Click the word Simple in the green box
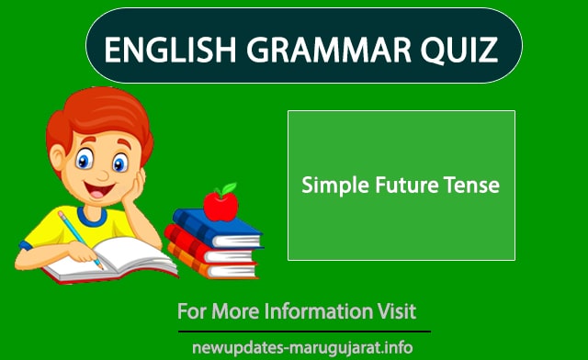pyautogui.click(x=334, y=186)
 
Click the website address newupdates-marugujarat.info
pyautogui.click(x=302, y=348)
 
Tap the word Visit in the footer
pyautogui.click(x=396, y=310)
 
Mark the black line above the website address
pyautogui.click(x=302, y=331)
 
